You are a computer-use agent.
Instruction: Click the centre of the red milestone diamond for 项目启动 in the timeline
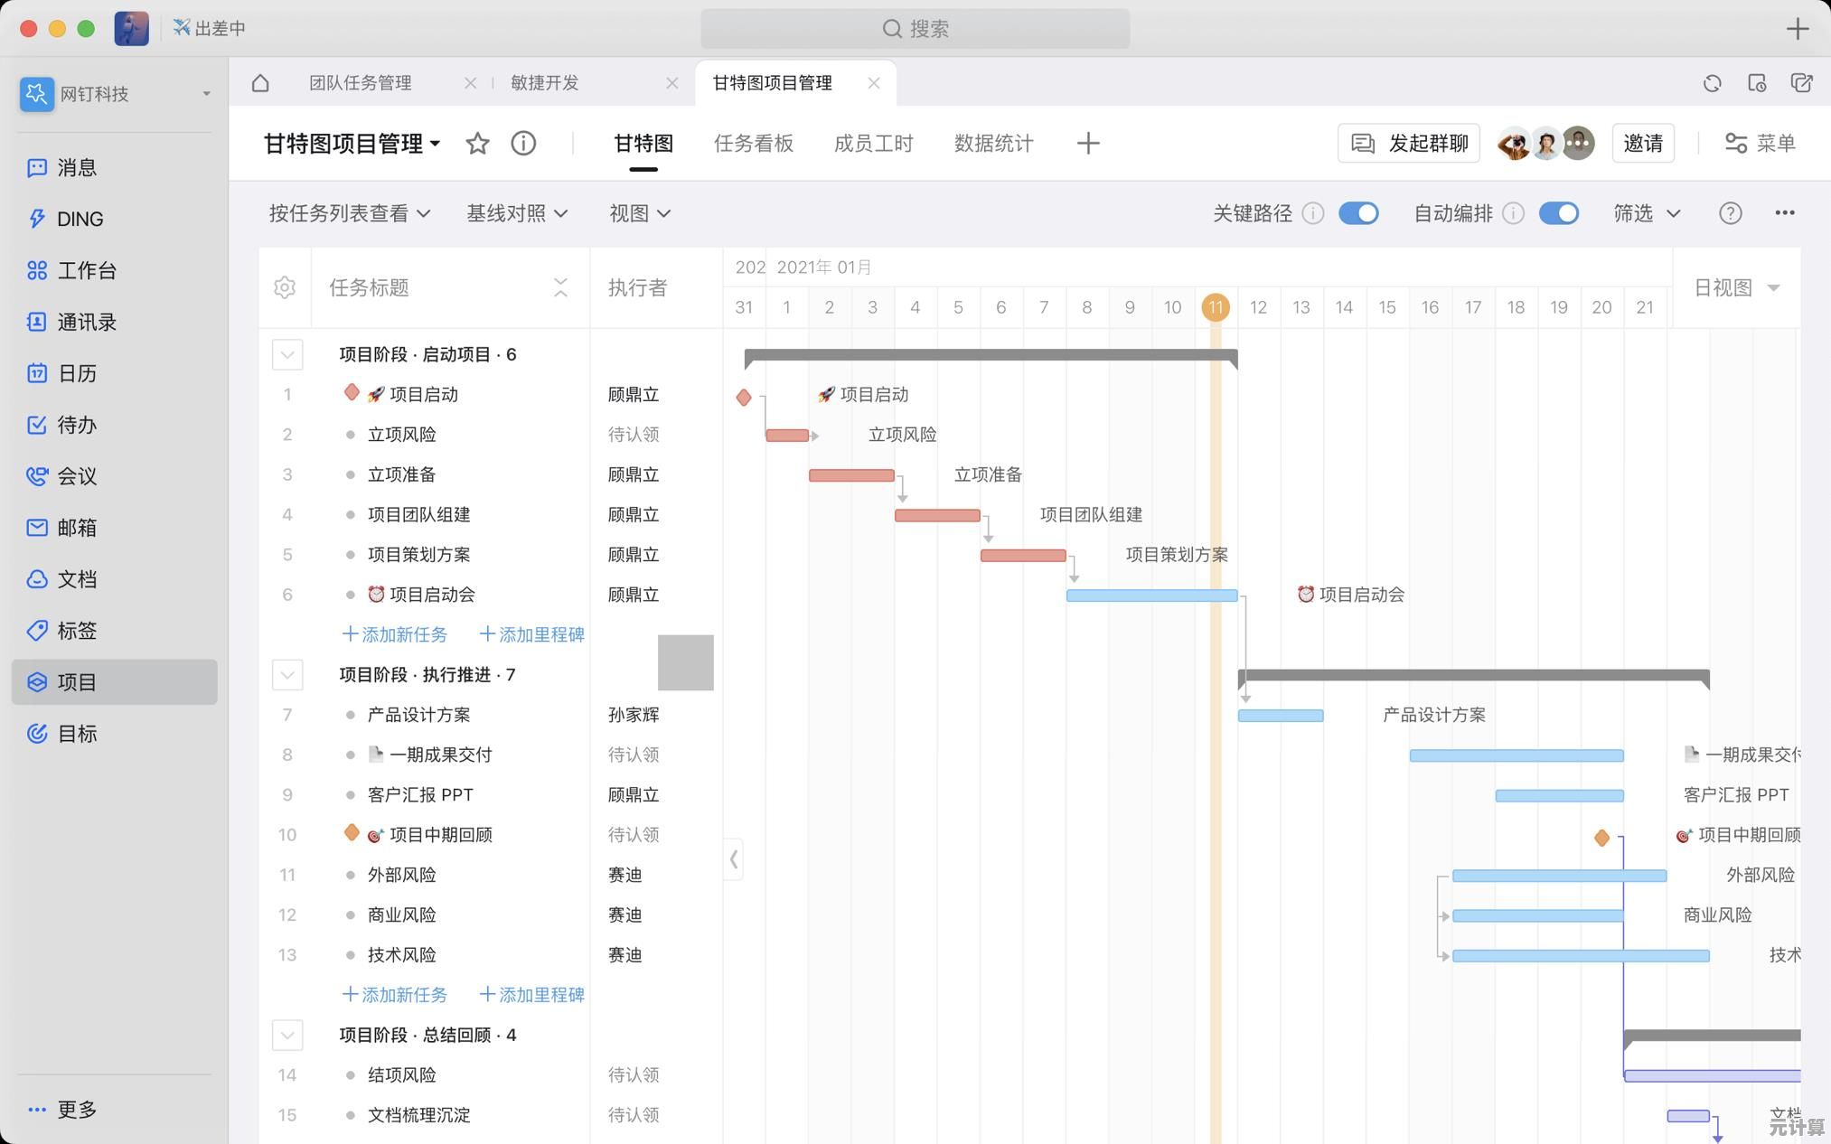pos(744,397)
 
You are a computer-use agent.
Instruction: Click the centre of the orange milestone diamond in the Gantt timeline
pos(1601,838)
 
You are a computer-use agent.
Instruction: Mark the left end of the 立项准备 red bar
pos(810,475)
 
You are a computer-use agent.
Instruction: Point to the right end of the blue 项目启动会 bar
pos(1237,595)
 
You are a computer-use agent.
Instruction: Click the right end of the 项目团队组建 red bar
pos(980,515)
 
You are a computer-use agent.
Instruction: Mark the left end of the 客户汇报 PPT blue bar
pos(1497,796)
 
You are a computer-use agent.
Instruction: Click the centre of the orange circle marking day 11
pos(1216,307)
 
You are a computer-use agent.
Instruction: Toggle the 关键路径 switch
pos(1358,213)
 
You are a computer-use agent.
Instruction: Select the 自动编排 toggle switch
pos(1559,213)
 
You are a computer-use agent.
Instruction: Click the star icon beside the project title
pos(477,143)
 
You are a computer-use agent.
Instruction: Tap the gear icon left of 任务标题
pos(285,287)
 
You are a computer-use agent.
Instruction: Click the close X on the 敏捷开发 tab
pos(671,83)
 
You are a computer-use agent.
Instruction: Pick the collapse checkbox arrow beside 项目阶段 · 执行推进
pos(287,675)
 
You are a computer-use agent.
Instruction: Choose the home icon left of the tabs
pos(260,83)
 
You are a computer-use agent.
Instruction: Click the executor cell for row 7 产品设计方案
pos(634,715)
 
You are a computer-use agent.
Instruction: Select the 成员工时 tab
pos(873,144)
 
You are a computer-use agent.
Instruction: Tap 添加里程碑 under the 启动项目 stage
pos(531,634)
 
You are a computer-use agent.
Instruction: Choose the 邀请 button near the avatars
pos(1643,143)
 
